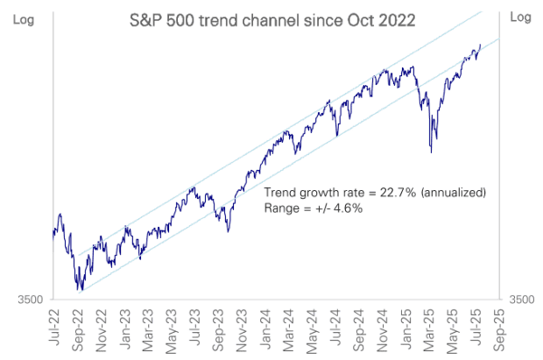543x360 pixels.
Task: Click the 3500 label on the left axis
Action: (30, 300)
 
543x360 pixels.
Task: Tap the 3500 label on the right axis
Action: (521, 300)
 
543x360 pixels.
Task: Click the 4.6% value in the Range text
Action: (342, 208)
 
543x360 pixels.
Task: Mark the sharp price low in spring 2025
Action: (430, 153)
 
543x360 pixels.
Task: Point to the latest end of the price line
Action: (481, 44)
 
